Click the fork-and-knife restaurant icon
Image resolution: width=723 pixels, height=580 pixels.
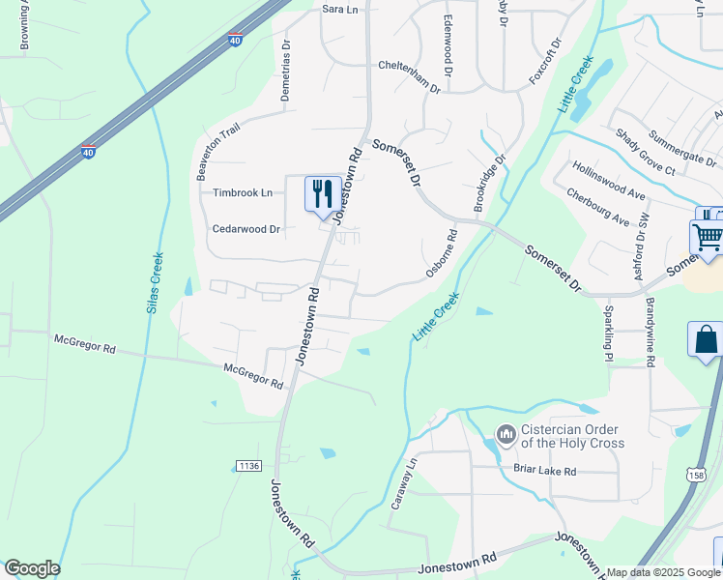point(322,192)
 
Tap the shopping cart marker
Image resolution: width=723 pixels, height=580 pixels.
point(708,236)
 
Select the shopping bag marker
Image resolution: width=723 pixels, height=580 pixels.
point(706,339)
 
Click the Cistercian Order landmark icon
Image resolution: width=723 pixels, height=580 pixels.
point(506,435)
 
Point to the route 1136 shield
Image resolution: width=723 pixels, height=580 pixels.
point(248,466)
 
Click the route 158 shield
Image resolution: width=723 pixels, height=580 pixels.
point(697,474)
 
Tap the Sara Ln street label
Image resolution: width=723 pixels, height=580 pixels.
point(339,9)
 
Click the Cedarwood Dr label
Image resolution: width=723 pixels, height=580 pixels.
point(246,229)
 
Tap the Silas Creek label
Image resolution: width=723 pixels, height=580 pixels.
point(154,282)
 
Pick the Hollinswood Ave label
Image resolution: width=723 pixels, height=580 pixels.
point(608,180)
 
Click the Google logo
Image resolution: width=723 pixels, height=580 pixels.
point(31,568)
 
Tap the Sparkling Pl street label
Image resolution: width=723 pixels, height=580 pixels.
point(608,334)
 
